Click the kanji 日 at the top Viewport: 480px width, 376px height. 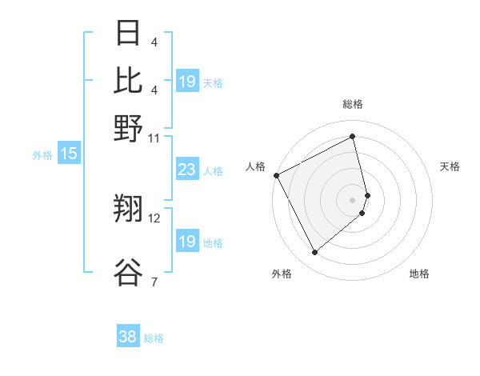pyautogui.click(x=129, y=34)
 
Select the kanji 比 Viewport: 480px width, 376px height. pyautogui.click(x=129, y=81)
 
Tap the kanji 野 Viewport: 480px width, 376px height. pyautogui.click(x=129, y=127)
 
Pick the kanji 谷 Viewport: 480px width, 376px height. pyautogui.click(x=129, y=272)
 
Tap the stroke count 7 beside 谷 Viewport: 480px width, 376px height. pyautogui.click(x=154, y=282)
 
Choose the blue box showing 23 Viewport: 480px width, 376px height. pyautogui.click(x=186, y=170)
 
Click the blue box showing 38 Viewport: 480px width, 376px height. pyautogui.click(x=127, y=337)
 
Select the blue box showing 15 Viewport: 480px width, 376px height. pyautogui.click(x=68, y=154)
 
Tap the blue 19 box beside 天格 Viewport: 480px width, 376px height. pyautogui.click(x=186, y=82)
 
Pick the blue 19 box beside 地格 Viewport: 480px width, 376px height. pyautogui.click(x=186, y=242)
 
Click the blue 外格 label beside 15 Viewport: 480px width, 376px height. pyautogui.click(x=42, y=154)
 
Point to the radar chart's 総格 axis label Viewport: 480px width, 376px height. pyautogui.click(x=353, y=104)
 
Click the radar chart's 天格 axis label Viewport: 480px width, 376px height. pyautogui.click(x=450, y=166)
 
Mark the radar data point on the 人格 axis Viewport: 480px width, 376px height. pyautogui.click(x=276, y=174)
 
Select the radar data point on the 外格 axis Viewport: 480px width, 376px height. pyautogui.click(x=314, y=253)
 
